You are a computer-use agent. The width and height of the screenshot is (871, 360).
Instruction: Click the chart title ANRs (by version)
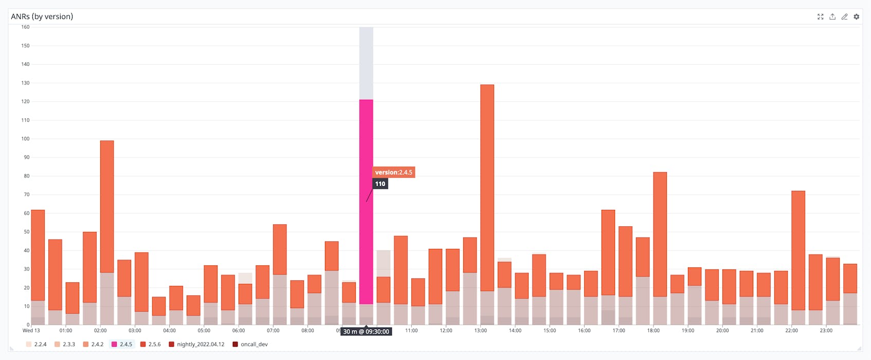(42, 16)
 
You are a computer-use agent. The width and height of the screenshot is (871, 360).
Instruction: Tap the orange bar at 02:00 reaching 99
(107, 206)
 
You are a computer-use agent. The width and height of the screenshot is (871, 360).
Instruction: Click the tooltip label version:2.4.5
(393, 172)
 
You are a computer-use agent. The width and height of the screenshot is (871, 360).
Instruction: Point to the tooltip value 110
(380, 184)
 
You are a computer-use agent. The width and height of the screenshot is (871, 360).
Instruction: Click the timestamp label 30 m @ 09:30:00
(366, 332)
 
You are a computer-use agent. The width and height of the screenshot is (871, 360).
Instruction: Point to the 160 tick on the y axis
(25, 27)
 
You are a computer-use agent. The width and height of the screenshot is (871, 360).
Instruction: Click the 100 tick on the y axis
(25, 139)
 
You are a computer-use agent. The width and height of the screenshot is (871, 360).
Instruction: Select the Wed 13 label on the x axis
(31, 331)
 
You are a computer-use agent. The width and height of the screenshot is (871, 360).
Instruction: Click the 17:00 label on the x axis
(619, 331)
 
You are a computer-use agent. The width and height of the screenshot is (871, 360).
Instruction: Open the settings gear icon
(857, 17)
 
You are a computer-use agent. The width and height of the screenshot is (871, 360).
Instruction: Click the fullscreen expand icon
(820, 17)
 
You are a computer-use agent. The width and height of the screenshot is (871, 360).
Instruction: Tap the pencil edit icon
(844, 17)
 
